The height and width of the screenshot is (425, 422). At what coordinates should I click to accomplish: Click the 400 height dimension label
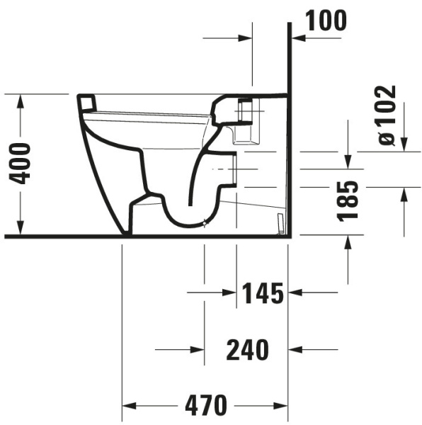(20, 164)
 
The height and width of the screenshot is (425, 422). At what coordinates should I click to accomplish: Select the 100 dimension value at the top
(326, 21)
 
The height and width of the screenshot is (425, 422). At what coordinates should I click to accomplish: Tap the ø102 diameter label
(387, 115)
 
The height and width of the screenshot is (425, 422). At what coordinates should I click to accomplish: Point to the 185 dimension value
(348, 201)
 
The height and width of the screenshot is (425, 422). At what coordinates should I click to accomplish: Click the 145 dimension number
(263, 293)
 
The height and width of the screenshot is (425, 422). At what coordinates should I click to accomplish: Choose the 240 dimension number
(248, 350)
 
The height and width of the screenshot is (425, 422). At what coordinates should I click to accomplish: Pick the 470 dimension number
(206, 406)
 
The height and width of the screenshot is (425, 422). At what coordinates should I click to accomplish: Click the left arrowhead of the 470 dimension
(129, 406)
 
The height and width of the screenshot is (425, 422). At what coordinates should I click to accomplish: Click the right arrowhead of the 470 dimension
(280, 406)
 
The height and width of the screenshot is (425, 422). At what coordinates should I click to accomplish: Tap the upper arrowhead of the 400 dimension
(21, 101)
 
